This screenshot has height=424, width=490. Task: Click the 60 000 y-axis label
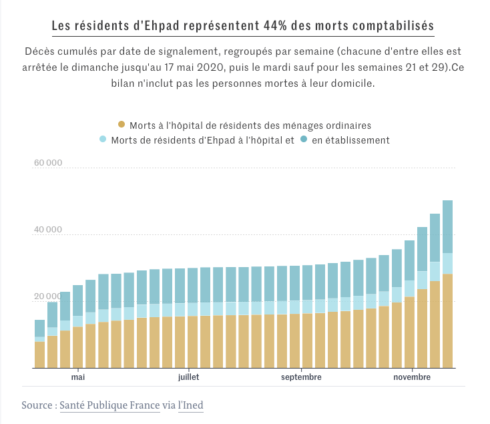click(x=47, y=163)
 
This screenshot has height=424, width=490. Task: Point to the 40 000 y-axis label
click(x=47, y=230)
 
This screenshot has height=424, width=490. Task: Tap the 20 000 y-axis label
click(x=47, y=296)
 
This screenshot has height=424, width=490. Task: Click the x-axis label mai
click(x=78, y=377)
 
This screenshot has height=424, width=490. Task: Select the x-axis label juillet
click(x=189, y=377)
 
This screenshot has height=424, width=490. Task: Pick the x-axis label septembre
click(x=301, y=377)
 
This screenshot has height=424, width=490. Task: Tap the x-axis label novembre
click(x=413, y=377)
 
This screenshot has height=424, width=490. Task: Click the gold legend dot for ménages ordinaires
click(x=121, y=125)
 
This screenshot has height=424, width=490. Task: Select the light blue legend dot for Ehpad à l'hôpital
click(x=103, y=140)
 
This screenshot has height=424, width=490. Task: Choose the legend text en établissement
click(x=350, y=140)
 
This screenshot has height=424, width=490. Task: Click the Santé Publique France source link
click(x=109, y=405)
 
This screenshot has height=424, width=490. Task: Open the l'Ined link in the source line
click(x=191, y=405)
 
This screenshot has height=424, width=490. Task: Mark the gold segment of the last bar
click(x=447, y=321)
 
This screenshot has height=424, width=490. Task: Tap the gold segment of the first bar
click(x=39, y=355)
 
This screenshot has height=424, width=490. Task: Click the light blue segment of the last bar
click(x=447, y=264)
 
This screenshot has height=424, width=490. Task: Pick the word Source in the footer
click(x=38, y=405)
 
